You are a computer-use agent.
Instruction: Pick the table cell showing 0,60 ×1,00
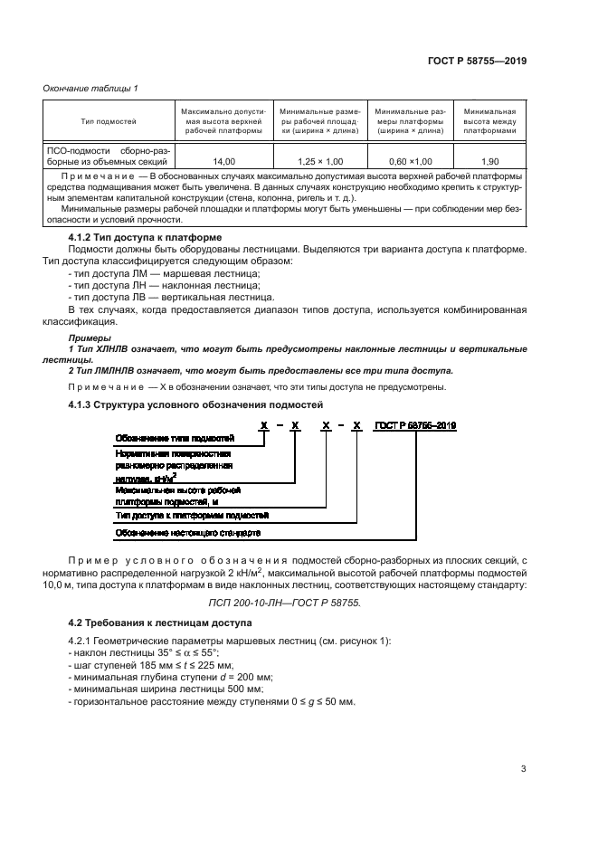(x=409, y=160)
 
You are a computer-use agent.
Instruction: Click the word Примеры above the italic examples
(x=87, y=337)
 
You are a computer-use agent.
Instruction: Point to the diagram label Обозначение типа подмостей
(x=168, y=438)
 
